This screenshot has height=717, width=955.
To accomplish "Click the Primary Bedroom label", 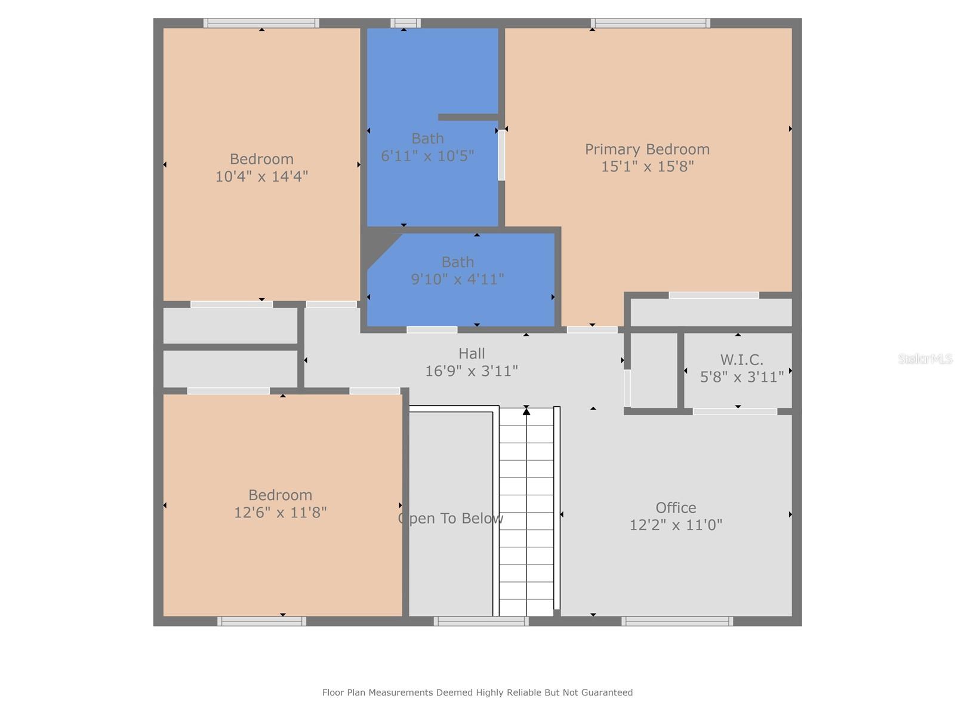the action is (647, 149).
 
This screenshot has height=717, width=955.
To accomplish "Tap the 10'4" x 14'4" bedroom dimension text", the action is (261, 176).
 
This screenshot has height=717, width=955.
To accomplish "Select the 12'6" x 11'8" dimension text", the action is (280, 513).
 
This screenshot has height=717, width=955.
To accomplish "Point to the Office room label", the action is (676, 508).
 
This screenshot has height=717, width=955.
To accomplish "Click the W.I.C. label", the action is (741, 360).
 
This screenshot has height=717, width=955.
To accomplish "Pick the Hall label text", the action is (472, 354).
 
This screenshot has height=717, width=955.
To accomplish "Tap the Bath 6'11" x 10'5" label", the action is (428, 147).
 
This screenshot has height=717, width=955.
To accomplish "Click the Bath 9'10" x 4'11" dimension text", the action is (457, 279).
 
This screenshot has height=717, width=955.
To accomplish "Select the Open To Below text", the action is (451, 518).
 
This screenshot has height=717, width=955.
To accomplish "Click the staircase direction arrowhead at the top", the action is (526, 410).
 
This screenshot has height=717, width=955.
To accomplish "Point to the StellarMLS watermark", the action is (925, 358).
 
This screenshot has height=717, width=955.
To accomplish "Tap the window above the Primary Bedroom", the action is (651, 23).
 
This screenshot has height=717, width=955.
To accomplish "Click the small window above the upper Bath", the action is (405, 23).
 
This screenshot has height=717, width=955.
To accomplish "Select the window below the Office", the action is (677, 621).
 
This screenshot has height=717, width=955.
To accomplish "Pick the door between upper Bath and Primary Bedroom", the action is (501, 155).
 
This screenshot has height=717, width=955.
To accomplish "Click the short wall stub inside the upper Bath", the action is (468, 117).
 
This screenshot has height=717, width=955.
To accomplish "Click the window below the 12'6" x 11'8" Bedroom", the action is (261, 621).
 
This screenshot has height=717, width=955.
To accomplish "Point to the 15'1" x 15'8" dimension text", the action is (647, 166).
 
